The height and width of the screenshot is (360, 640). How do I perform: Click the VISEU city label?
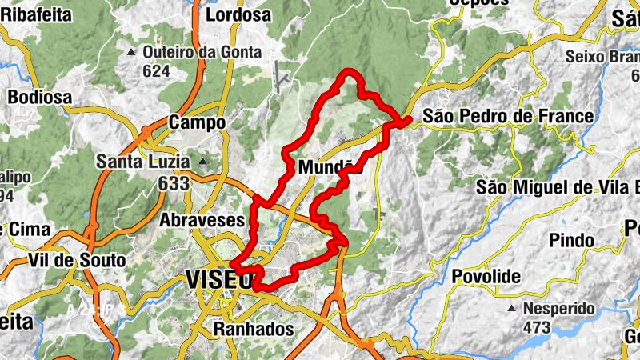click(218, 278)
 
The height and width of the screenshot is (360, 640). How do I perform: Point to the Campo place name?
click(194, 123)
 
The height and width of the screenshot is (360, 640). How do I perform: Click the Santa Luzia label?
click(143, 161)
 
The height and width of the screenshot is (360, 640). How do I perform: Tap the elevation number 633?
click(174, 183)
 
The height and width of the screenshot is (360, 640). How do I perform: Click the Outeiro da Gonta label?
click(202, 52)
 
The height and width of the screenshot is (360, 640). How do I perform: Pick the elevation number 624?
click(157, 71)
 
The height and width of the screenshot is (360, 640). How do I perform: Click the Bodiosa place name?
click(39, 97)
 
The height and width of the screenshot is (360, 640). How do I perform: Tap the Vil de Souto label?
click(77, 260)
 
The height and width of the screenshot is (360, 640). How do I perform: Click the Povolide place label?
click(486, 277)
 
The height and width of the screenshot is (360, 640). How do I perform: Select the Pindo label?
click(572, 240)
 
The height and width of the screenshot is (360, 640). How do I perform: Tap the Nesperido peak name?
click(559, 308)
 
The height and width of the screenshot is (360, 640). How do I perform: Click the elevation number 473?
click(536, 327)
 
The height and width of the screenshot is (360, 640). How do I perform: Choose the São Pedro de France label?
click(508, 116)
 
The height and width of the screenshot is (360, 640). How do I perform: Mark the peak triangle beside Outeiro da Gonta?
click(131, 53)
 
